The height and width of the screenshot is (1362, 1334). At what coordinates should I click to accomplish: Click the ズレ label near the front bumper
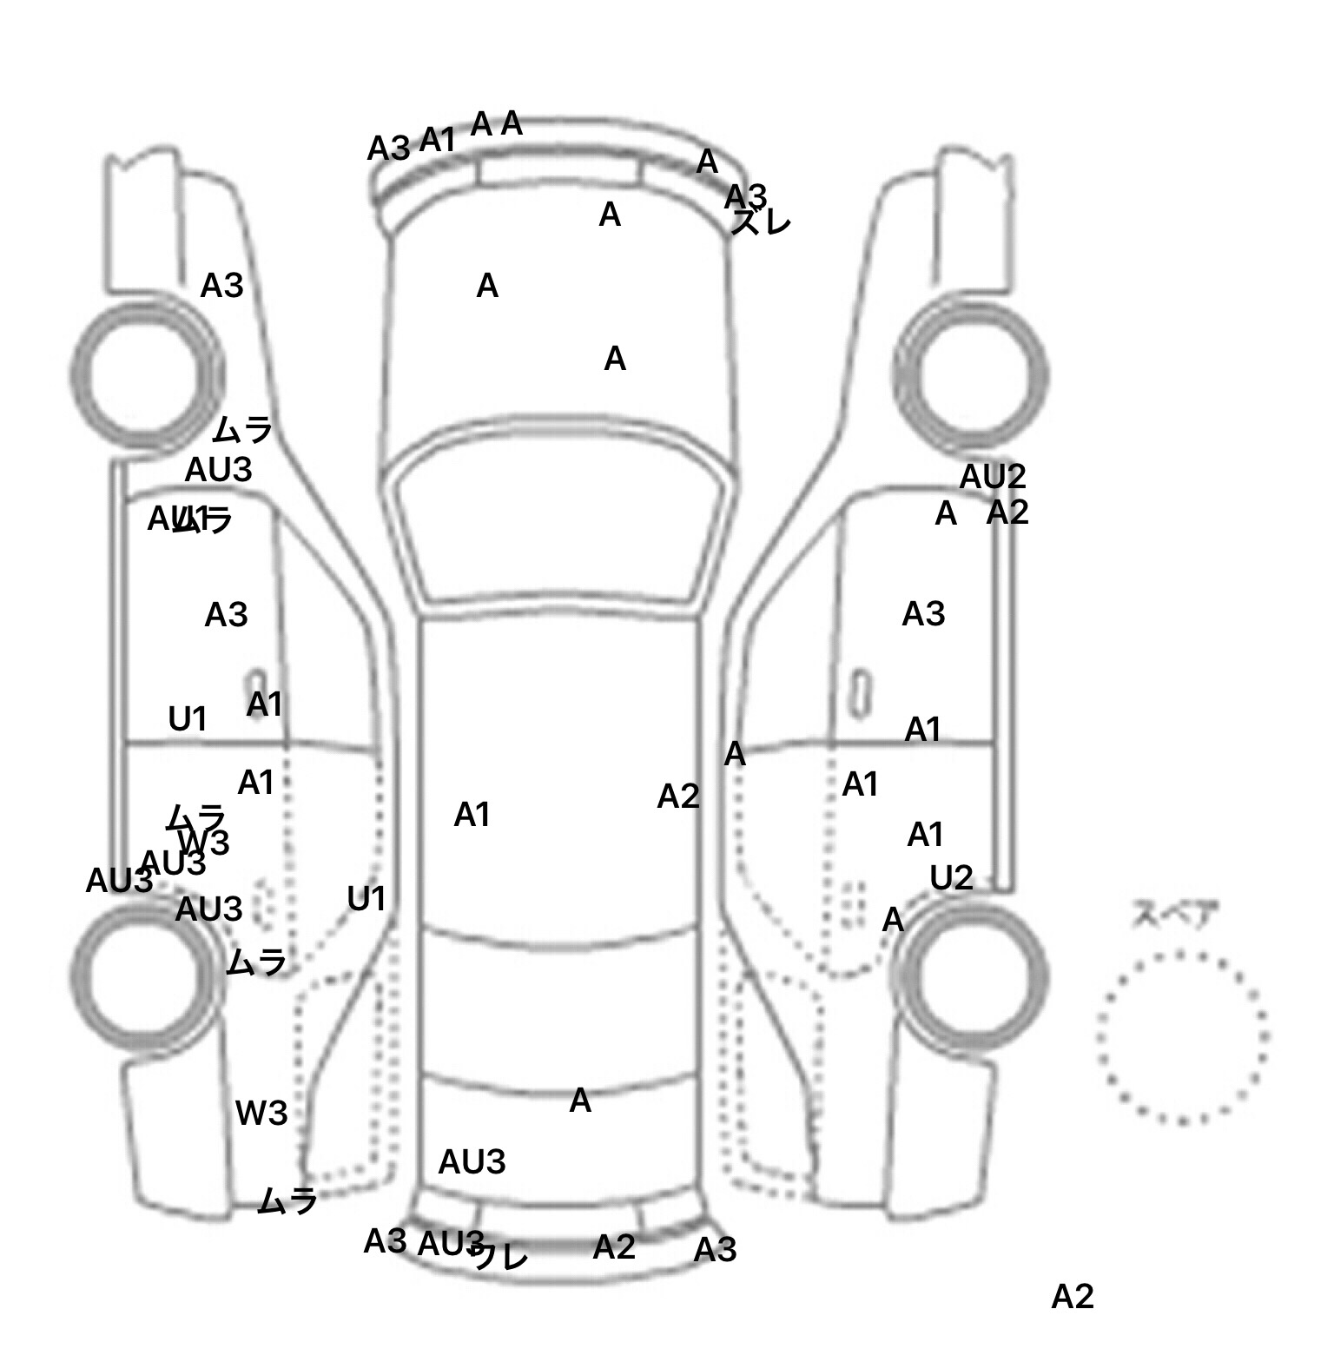(762, 223)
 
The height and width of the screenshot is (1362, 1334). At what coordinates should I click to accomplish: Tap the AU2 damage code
(992, 477)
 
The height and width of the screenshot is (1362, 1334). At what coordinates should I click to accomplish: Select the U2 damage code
(951, 879)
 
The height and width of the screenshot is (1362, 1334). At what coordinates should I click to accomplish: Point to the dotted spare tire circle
(1182, 1037)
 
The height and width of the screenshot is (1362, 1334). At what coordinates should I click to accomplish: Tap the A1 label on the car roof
(472, 815)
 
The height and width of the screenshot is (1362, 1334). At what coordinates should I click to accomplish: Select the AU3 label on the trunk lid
(472, 1162)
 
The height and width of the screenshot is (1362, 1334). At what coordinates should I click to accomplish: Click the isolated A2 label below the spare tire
(1072, 1297)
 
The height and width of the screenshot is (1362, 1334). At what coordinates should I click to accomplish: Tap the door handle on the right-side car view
(860, 692)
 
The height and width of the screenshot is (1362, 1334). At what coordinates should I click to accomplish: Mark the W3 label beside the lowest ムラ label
(261, 1114)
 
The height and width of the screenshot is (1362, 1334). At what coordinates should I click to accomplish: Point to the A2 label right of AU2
(1007, 512)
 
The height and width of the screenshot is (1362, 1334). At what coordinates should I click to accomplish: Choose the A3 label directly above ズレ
(745, 195)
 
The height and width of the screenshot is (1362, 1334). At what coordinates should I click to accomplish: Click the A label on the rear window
(580, 1101)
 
